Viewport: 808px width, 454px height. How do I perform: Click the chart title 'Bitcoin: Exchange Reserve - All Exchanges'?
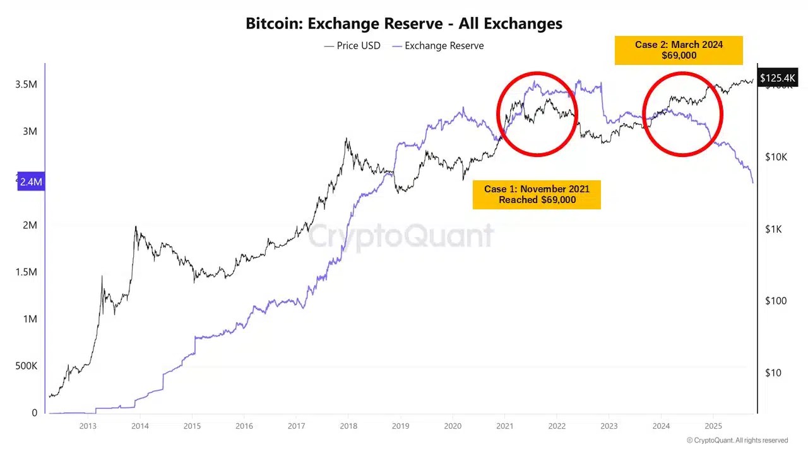point(403,24)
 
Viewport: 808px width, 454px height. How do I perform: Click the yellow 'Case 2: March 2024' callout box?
point(679,50)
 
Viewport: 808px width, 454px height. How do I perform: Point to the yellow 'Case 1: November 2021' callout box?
point(537,194)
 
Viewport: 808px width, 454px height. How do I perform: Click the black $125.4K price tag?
point(778,78)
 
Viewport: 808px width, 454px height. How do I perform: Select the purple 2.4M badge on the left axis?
point(30,182)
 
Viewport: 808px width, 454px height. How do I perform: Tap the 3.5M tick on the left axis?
point(26,84)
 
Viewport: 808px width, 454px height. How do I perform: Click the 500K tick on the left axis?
point(26,366)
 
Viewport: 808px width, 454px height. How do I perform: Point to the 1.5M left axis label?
point(26,272)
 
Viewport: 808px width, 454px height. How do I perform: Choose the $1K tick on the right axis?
point(774,229)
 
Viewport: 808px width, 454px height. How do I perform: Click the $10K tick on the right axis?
point(775,157)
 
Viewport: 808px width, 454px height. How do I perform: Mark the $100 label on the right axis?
point(775,301)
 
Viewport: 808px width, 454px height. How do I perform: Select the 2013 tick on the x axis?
point(88,426)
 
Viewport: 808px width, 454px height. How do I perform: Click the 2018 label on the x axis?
point(348,426)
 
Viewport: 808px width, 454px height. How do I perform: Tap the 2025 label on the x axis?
point(713,426)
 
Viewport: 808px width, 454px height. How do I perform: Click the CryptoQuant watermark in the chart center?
point(401,236)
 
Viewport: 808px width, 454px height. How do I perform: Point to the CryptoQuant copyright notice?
point(737,440)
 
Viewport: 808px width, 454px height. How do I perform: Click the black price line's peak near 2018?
point(347,139)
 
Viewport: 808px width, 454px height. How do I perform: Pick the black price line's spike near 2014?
point(135,226)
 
